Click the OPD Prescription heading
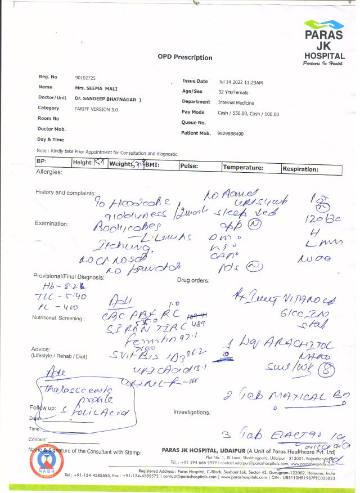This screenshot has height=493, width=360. click(x=185, y=57)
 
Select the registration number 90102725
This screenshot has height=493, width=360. click(x=85, y=77)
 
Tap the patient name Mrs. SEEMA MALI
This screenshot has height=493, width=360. click(x=96, y=88)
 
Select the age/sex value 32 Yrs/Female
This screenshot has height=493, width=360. click(x=233, y=92)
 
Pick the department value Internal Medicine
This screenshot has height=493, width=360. click(x=236, y=103)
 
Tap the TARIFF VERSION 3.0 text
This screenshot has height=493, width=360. click(x=96, y=108)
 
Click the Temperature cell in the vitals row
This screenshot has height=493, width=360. click(x=243, y=168)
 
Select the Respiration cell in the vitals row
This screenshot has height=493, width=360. click(x=300, y=169)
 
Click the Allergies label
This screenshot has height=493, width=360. click(x=48, y=172)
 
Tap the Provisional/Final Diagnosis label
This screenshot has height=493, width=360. click(x=69, y=277)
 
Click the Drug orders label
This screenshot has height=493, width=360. click(x=193, y=280)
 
